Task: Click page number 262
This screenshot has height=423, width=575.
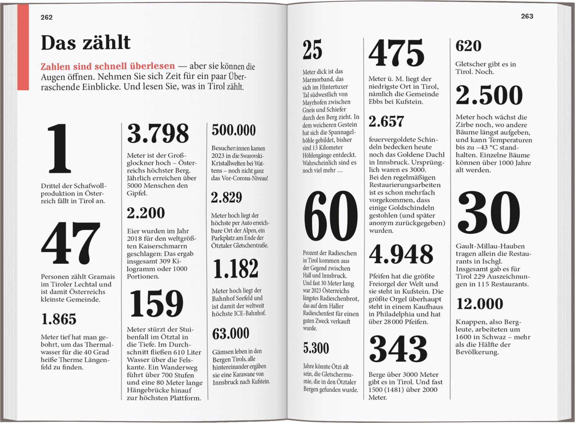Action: click(46, 17)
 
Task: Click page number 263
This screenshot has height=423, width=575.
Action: click(527, 16)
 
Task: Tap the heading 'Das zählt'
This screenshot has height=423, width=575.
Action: click(85, 42)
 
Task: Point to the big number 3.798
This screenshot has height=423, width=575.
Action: click(158, 134)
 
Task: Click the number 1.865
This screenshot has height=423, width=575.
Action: click(59, 319)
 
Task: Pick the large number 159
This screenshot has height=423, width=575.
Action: click(156, 304)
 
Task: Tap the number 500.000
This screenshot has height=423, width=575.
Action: click(233, 131)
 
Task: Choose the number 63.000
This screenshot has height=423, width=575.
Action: click(231, 334)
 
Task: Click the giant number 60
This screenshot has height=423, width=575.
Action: click(330, 217)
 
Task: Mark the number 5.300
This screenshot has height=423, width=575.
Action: click(316, 348)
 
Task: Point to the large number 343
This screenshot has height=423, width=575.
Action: click(398, 348)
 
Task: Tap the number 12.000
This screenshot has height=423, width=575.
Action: click(480, 304)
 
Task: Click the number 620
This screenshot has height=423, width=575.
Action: click(468, 46)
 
